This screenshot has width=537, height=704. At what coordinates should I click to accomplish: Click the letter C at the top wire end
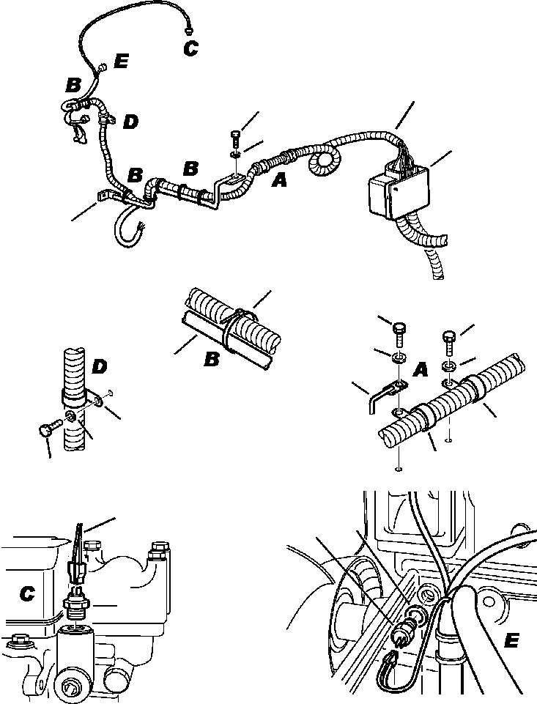pyautogui.click(x=190, y=48)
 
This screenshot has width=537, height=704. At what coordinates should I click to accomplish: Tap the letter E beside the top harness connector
pyautogui.click(x=120, y=62)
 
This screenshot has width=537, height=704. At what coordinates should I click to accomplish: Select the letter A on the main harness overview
pyautogui.click(x=279, y=179)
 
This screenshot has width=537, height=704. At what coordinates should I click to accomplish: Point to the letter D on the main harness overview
pyautogui.click(x=130, y=122)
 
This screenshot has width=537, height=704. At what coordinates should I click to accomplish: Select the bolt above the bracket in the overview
pyautogui.click(x=234, y=137)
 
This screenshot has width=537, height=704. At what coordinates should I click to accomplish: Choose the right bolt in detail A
pyautogui.click(x=450, y=338)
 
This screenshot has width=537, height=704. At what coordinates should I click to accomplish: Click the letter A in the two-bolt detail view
pyautogui.click(x=421, y=371)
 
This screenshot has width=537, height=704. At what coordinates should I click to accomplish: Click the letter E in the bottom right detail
pyautogui.click(x=512, y=642)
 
